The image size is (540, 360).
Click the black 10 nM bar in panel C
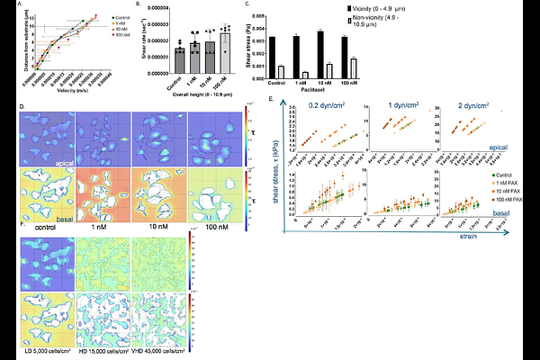[x=320, y=54]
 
